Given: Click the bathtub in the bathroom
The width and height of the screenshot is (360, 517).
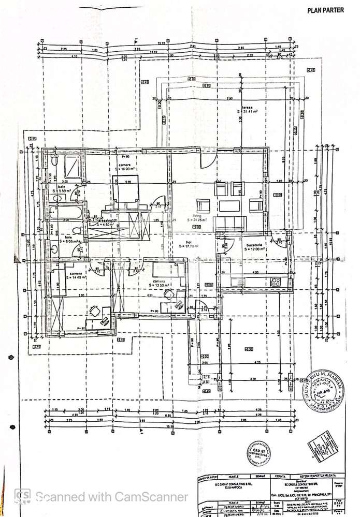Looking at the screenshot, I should coord(65,213).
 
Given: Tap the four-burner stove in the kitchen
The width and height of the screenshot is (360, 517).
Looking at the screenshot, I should coord(275,282).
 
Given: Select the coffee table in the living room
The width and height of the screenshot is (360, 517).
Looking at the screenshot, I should coord(229,205).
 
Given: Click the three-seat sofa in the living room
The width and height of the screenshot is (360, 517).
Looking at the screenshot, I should coord(231,223).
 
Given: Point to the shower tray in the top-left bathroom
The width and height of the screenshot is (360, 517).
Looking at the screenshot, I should coord(70,166).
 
